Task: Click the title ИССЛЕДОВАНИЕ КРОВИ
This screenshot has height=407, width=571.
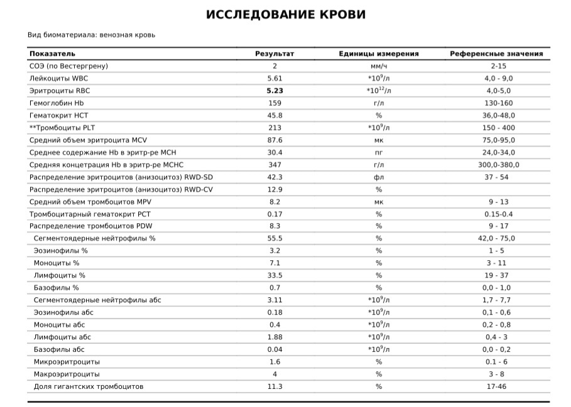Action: pos(286,15)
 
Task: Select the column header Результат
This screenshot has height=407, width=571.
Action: pos(275,54)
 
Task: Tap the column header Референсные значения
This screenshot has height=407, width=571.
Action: pos(496,54)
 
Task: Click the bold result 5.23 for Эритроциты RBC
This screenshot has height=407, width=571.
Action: pos(275,91)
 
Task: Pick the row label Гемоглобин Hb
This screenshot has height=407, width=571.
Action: pos(57,103)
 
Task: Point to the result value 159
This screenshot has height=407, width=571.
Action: pos(275,103)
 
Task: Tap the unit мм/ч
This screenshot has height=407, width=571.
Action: pos(379,66)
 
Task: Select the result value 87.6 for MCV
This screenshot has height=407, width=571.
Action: pos(275,140)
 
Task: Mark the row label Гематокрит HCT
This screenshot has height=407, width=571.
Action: pos(59,115)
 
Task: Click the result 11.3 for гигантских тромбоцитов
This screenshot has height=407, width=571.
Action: pos(275,386)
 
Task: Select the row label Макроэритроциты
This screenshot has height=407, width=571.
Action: pos(67,374)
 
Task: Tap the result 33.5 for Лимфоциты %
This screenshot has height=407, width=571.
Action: pos(275,275)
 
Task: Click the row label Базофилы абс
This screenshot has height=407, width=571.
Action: pos(59,349)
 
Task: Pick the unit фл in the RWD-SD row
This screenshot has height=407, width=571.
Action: pos(379,177)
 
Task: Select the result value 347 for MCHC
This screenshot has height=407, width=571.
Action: pos(275,165)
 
